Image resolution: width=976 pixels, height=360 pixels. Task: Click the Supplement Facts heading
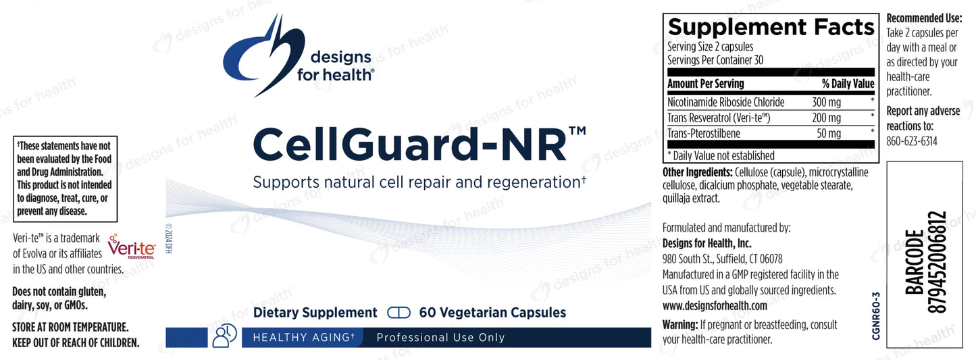click(x=771, y=27)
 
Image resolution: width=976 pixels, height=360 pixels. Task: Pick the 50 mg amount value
click(x=829, y=134)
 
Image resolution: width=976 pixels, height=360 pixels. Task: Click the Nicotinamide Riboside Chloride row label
click(x=725, y=103)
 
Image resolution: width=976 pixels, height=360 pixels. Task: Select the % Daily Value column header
click(x=848, y=84)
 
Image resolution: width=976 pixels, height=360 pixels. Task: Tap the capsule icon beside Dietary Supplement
click(x=399, y=313)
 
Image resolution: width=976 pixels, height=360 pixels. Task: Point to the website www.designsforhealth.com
click(x=715, y=306)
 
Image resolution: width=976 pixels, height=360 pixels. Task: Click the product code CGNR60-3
click(x=876, y=315)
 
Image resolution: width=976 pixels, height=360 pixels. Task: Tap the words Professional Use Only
click(x=440, y=338)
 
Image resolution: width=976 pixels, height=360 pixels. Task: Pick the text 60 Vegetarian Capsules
click(x=492, y=313)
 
